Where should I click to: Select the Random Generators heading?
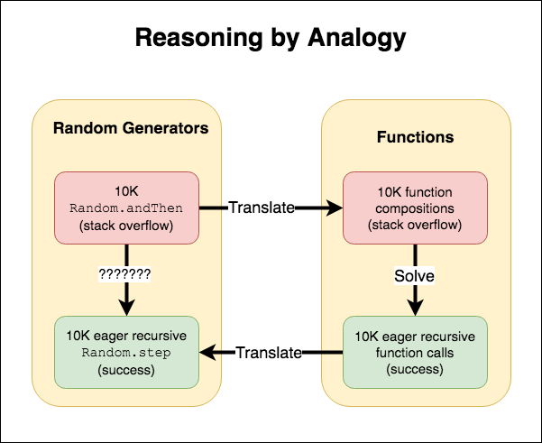tap(131, 128)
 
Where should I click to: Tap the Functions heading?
tap(415, 138)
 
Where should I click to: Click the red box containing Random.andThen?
tap(127, 208)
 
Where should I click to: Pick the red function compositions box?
tap(415, 208)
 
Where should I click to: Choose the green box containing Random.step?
tap(127, 352)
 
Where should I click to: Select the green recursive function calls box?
tap(415, 352)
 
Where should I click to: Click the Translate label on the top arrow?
tap(261, 208)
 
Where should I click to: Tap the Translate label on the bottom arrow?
tap(268, 352)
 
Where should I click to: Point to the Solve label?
tap(415, 275)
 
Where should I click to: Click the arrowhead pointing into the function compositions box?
tap(336, 208)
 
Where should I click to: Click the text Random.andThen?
tap(127, 208)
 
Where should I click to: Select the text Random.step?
tap(127, 352)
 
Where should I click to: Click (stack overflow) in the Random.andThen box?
tap(127, 224)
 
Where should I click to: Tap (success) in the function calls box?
tap(415, 368)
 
